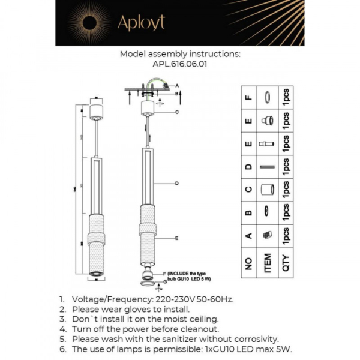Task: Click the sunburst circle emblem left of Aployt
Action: (88, 23)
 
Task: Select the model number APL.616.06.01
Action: (180, 65)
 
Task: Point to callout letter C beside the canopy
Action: (178, 112)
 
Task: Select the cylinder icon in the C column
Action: (268, 190)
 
